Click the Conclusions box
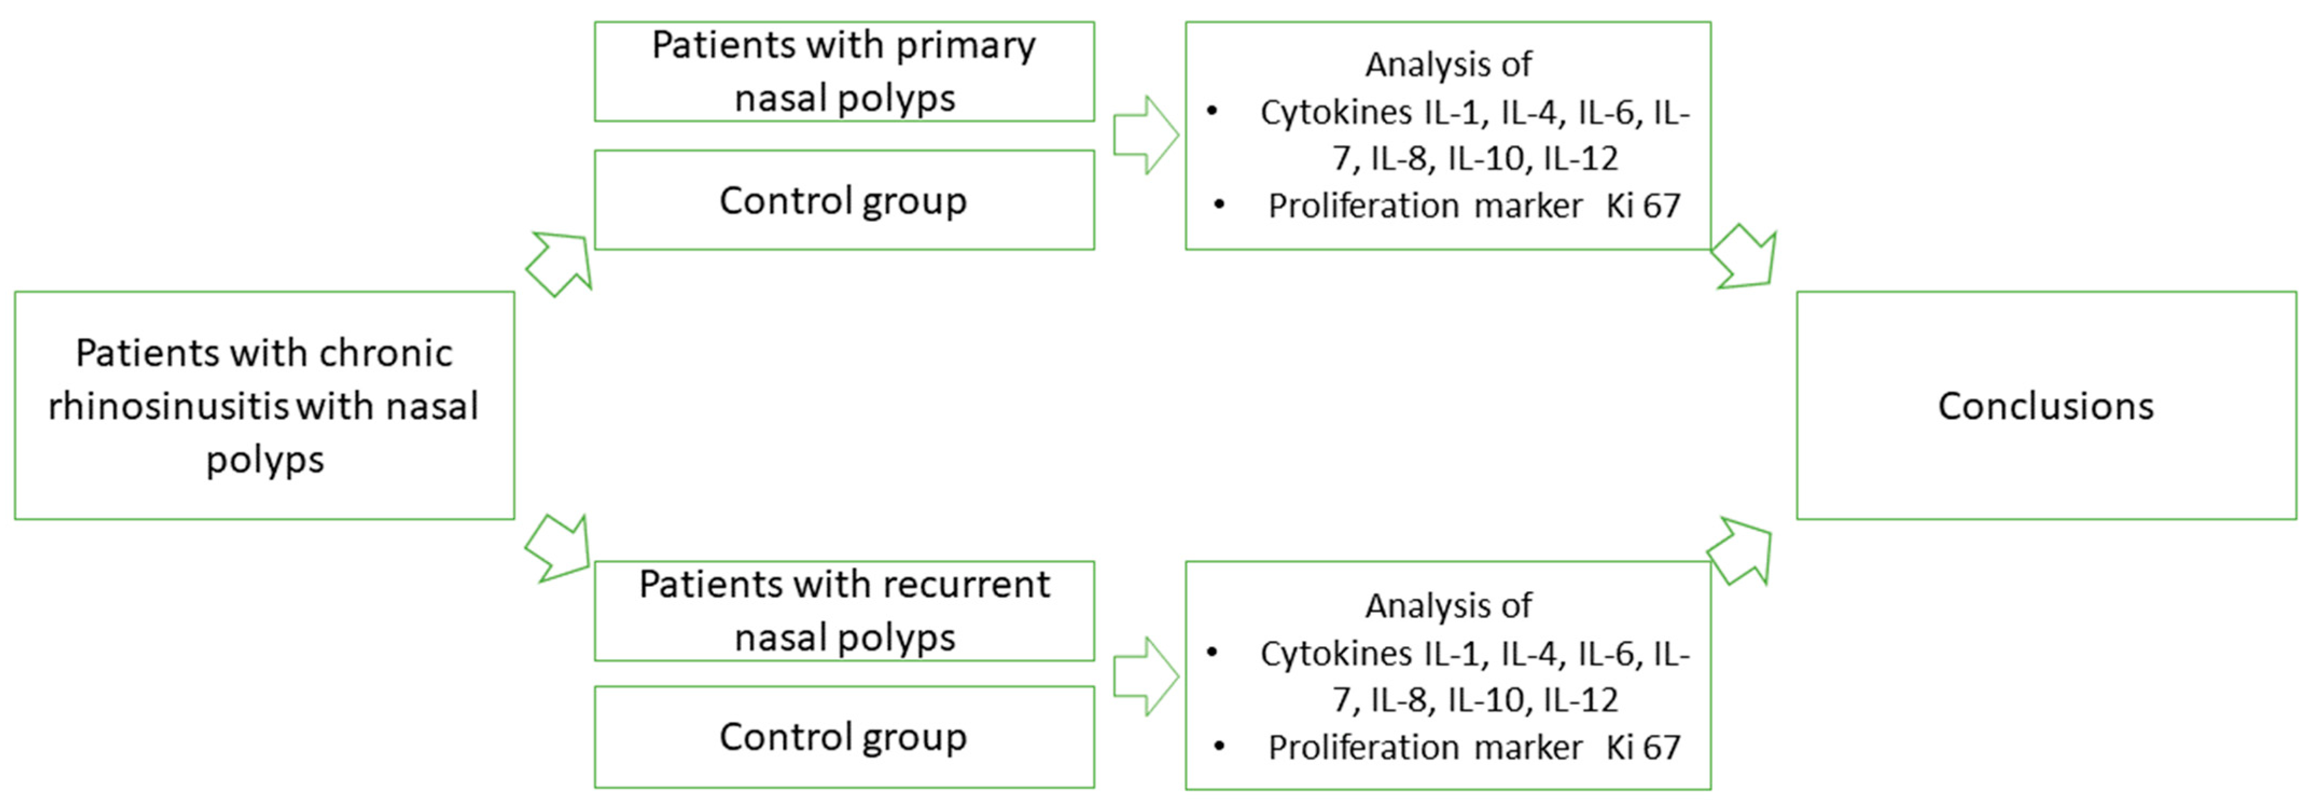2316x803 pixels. pyautogui.click(x=2046, y=406)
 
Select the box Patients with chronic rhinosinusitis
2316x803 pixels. pyautogui.click(x=265, y=406)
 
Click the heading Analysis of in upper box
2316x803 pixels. pyautogui.click(x=1449, y=65)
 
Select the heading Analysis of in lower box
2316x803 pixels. pyautogui.click(x=1449, y=606)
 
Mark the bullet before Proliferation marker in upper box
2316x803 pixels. pyautogui.click(x=1219, y=204)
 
